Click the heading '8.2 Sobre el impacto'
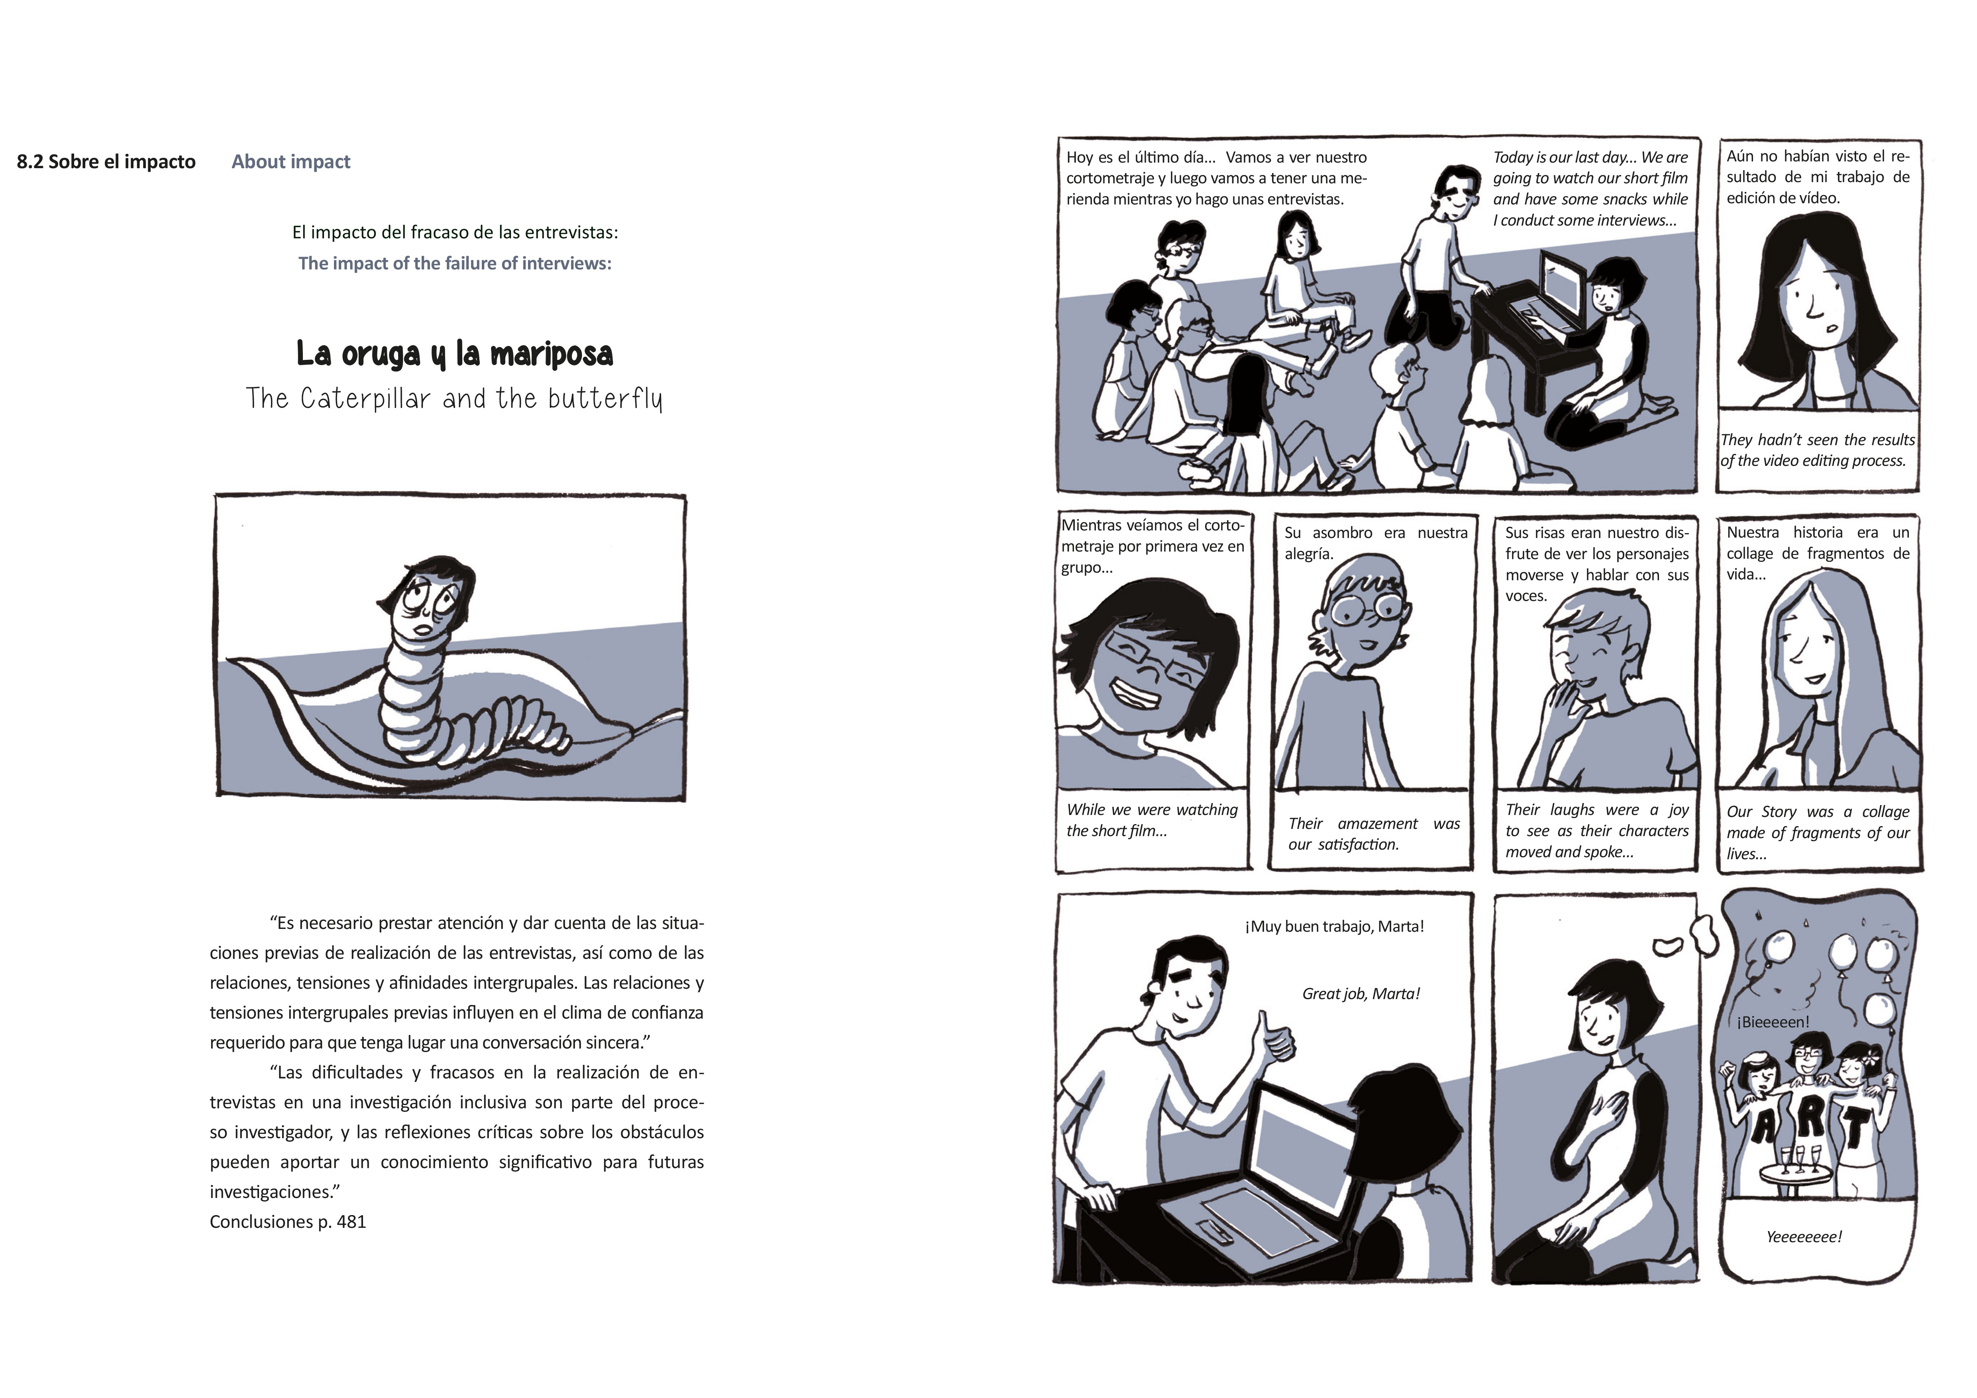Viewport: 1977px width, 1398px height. tap(106, 162)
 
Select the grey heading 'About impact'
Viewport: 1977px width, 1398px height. tap(291, 162)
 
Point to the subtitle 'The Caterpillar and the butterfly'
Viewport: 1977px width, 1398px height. tap(455, 399)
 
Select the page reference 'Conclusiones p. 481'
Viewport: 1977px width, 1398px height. tap(288, 1221)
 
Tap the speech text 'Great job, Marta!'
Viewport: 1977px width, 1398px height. tap(1361, 994)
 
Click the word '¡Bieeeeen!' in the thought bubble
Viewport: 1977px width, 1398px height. tap(1773, 1022)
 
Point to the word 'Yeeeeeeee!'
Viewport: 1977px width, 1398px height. tap(1804, 1237)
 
